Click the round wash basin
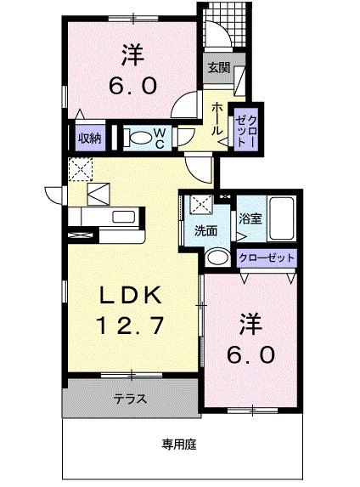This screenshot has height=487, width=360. (x=218, y=257)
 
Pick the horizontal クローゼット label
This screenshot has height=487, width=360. (x=267, y=257)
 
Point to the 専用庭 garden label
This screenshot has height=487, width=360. (x=180, y=442)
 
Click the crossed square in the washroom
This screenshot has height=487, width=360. (x=202, y=205)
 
